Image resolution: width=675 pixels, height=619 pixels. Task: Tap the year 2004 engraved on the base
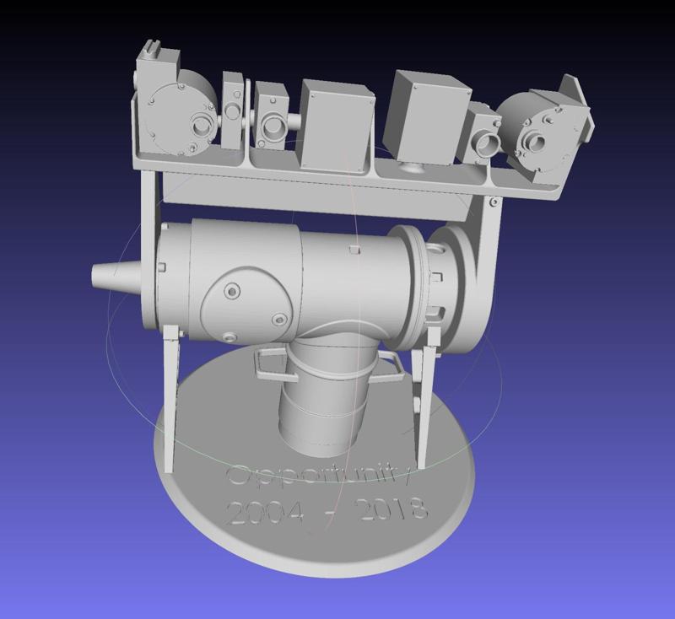pyautogui.click(x=264, y=511)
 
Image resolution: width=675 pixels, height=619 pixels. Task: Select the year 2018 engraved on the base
pyautogui.click(x=392, y=509)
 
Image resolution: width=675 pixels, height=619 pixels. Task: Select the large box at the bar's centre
pyautogui.click(x=335, y=125)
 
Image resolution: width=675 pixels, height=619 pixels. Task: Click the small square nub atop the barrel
pyautogui.click(x=355, y=249)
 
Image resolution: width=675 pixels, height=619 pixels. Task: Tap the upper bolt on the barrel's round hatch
pyautogui.click(x=230, y=290)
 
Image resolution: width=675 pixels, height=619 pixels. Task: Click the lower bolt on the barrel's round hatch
pyautogui.click(x=278, y=320)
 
